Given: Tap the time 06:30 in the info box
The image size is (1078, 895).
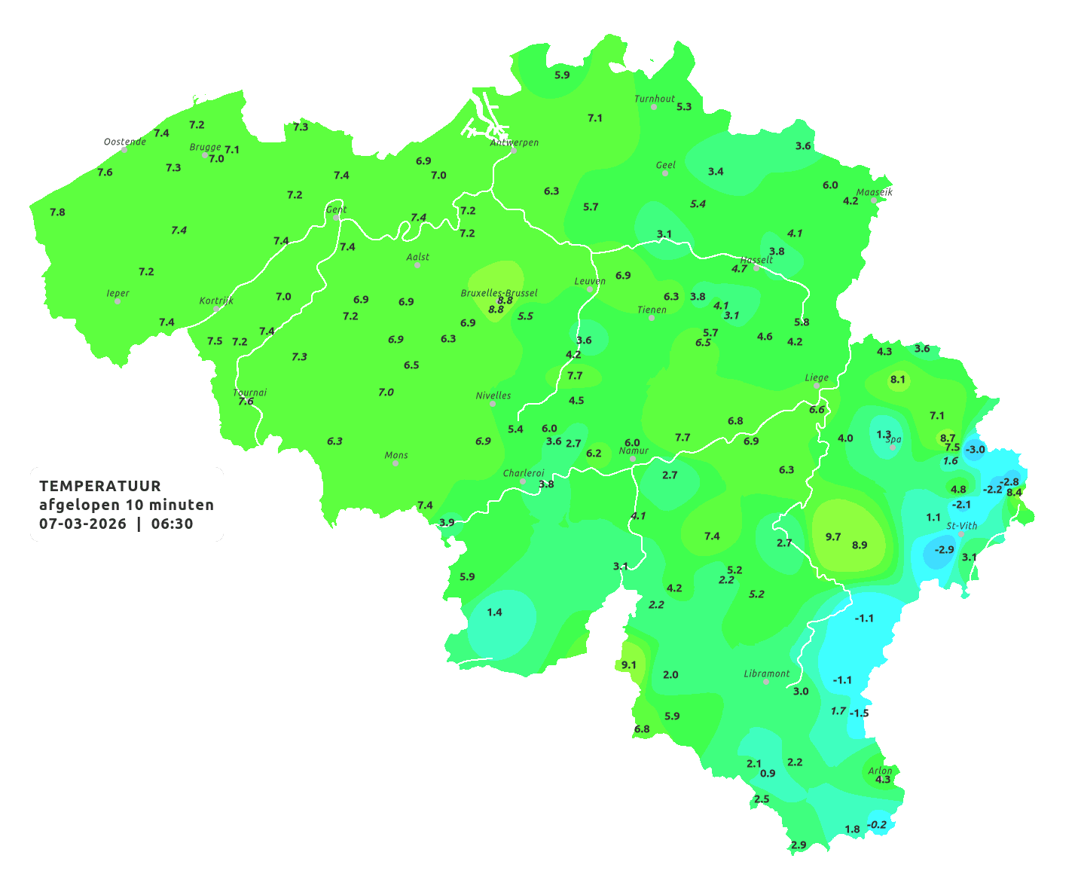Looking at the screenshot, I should click(172, 524).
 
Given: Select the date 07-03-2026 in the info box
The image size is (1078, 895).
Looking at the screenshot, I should click(83, 524).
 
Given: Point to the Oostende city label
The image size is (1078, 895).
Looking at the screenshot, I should click(124, 142).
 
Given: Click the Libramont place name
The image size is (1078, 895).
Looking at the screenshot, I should click(767, 674).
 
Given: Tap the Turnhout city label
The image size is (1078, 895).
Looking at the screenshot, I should click(655, 99).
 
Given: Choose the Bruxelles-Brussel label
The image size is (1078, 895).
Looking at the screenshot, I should click(499, 292).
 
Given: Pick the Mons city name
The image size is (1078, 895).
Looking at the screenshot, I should click(396, 455).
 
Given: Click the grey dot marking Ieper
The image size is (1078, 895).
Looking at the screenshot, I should click(118, 301).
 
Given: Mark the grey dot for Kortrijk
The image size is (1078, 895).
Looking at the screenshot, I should click(216, 309).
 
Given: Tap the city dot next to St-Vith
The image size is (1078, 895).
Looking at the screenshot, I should click(960, 534).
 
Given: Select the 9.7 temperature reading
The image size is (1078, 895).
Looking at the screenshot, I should click(833, 537).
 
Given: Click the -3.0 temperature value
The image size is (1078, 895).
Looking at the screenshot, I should click(975, 450).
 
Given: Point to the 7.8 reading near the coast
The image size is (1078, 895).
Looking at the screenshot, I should click(57, 212).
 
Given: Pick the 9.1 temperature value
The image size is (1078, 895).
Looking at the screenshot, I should click(628, 665).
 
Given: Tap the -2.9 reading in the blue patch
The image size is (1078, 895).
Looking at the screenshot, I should click(944, 550).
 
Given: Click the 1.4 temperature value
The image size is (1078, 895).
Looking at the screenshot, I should click(494, 612).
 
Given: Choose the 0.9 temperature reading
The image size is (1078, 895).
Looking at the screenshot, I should click(768, 774).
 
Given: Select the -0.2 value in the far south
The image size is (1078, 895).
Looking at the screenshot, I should click(877, 825).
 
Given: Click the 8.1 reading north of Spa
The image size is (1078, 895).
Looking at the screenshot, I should click(898, 380).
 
